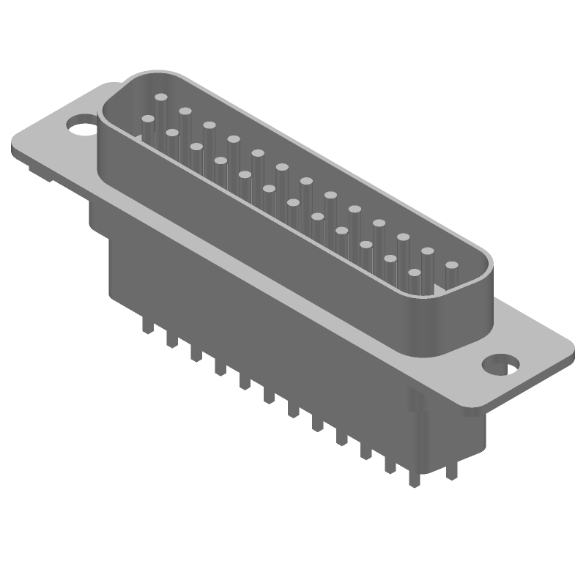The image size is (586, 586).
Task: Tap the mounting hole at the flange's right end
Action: (x=502, y=364)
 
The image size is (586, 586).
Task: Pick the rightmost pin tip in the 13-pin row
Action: (x=451, y=266)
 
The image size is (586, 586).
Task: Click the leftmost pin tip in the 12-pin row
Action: (x=148, y=119)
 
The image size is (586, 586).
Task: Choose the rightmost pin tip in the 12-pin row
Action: (x=414, y=273)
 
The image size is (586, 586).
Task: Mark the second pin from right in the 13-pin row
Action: (x=427, y=252)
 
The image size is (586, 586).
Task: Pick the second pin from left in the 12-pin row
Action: (x=172, y=133)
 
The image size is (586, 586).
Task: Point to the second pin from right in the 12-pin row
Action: (x=390, y=259)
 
